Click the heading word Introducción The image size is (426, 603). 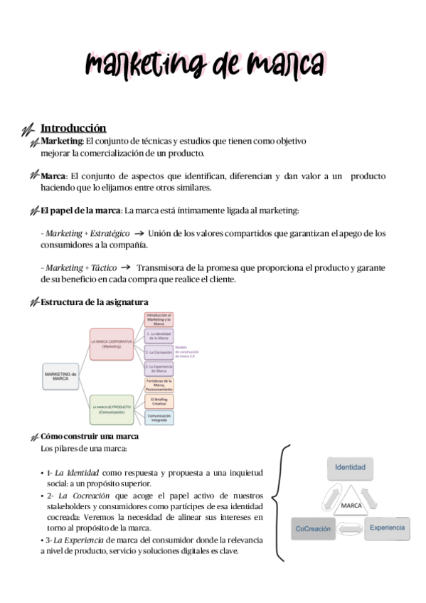[73, 128]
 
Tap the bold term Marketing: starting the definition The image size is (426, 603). [62, 142]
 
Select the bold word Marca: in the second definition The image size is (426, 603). [54, 176]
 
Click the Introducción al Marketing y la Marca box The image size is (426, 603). [159, 319]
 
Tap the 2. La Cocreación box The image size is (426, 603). [159, 352]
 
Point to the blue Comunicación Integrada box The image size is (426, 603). [159, 418]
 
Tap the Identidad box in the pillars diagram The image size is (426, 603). [350, 467]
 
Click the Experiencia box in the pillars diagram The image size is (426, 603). [386, 527]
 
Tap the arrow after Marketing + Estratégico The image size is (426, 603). [139, 233]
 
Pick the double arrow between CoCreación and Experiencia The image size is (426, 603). [349, 528]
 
